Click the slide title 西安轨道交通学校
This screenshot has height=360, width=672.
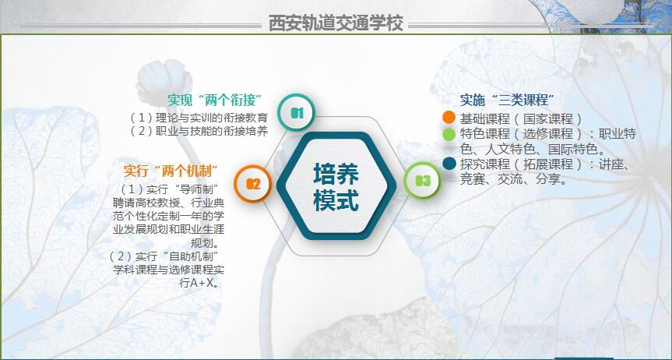(336, 23)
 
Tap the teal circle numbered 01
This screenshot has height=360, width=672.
(297, 113)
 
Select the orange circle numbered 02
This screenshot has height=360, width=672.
(253, 184)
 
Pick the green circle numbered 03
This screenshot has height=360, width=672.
(423, 181)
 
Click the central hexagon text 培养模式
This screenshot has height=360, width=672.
(336, 187)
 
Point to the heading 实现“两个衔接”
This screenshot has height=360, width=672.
(215, 100)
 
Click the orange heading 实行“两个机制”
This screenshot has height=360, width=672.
(171, 171)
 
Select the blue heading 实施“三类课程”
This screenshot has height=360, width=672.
(508, 100)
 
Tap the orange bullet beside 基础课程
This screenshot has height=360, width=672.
(449, 117)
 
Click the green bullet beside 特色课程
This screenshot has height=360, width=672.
(449, 134)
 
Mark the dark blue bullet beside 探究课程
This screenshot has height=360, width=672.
(449, 164)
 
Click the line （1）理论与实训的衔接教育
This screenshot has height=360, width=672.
(199, 118)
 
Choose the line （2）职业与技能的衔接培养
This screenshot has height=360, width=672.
(199, 131)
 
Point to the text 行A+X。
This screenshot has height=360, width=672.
(201, 283)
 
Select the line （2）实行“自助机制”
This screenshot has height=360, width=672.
(165, 256)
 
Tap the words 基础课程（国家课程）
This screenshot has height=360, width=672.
(521, 118)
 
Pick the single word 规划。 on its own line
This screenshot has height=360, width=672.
(206, 243)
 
